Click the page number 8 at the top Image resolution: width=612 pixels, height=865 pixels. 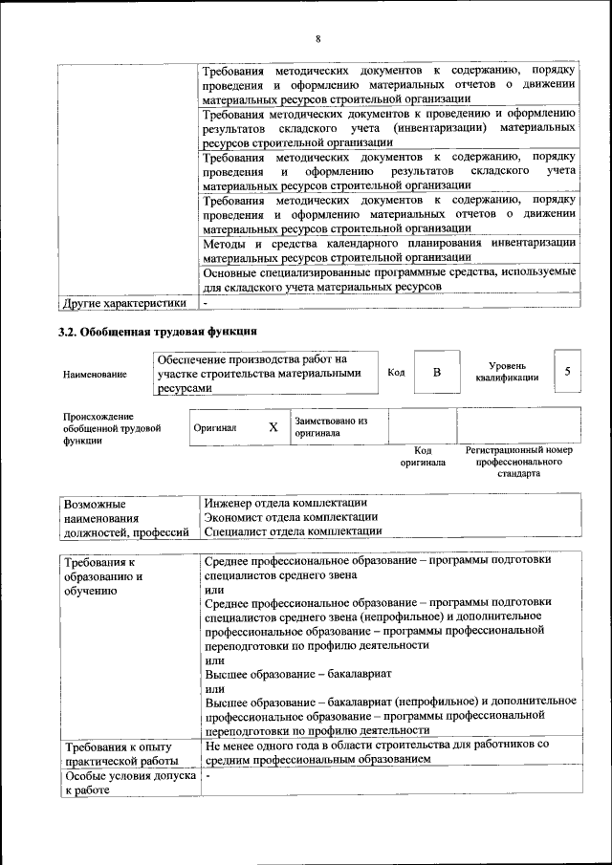point(317,39)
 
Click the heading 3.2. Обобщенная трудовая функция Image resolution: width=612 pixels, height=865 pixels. point(158,332)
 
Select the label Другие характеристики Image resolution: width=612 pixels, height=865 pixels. point(123,303)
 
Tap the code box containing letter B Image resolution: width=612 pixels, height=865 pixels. point(436,372)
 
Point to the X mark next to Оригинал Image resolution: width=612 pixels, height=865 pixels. point(273,427)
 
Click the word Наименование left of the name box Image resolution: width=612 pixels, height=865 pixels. point(95,374)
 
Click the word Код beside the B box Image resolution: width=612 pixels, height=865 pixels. point(396,372)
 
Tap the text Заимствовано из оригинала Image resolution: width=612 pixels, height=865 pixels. point(331,427)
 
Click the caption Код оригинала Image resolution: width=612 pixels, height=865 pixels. point(423,456)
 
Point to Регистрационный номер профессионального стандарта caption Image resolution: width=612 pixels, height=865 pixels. point(518,461)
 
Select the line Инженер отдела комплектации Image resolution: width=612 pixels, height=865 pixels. point(286,503)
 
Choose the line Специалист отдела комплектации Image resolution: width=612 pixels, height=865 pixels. point(294,530)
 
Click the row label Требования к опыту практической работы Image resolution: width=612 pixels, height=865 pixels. point(117,752)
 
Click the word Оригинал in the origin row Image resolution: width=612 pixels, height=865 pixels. point(215,428)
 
